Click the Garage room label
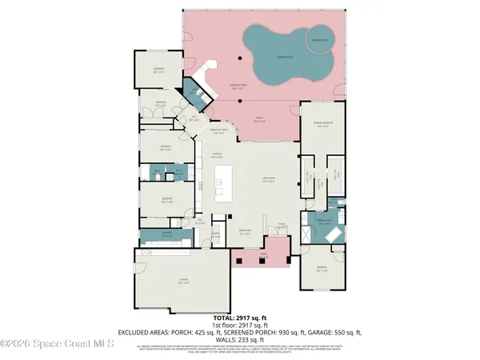(x=183, y=281)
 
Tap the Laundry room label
(x=167, y=234)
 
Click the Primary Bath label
(x=324, y=222)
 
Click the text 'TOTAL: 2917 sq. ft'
(x=239, y=318)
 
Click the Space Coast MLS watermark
(x=56, y=345)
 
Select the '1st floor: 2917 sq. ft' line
(x=240, y=325)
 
